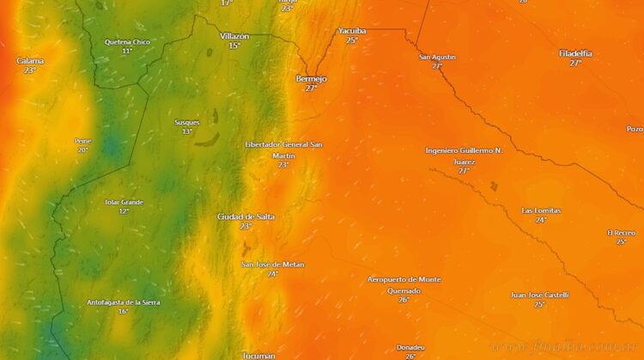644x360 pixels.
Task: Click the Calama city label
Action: coord(30,60)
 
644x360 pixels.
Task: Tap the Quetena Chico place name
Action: coord(127,41)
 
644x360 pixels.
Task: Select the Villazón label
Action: coord(234,35)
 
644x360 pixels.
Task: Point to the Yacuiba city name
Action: coord(352,30)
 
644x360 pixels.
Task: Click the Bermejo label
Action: coord(311,78)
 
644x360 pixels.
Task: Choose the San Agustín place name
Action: coord(437,57)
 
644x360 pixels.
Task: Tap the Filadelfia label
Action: coord(575,53)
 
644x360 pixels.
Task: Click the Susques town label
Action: coord(186,122)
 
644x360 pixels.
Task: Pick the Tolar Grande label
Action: coord(124,202)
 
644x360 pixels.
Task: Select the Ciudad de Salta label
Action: coord(246,217)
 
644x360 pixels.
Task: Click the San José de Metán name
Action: coord(272,264)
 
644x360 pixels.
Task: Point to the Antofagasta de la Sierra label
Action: coord(123,302)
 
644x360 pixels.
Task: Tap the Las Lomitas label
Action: coord(541,211)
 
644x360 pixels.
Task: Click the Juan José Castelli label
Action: coord(539,295)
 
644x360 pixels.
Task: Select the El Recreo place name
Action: coord(621,232)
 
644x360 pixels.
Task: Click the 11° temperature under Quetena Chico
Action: coord(127,51)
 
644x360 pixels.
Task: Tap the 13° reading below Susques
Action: coord(186,131)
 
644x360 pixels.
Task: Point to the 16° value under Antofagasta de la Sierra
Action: coord(123,311)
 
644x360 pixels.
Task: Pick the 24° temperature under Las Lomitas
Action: coord(541,220)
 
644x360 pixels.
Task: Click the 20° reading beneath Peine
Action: coord(82,150)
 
